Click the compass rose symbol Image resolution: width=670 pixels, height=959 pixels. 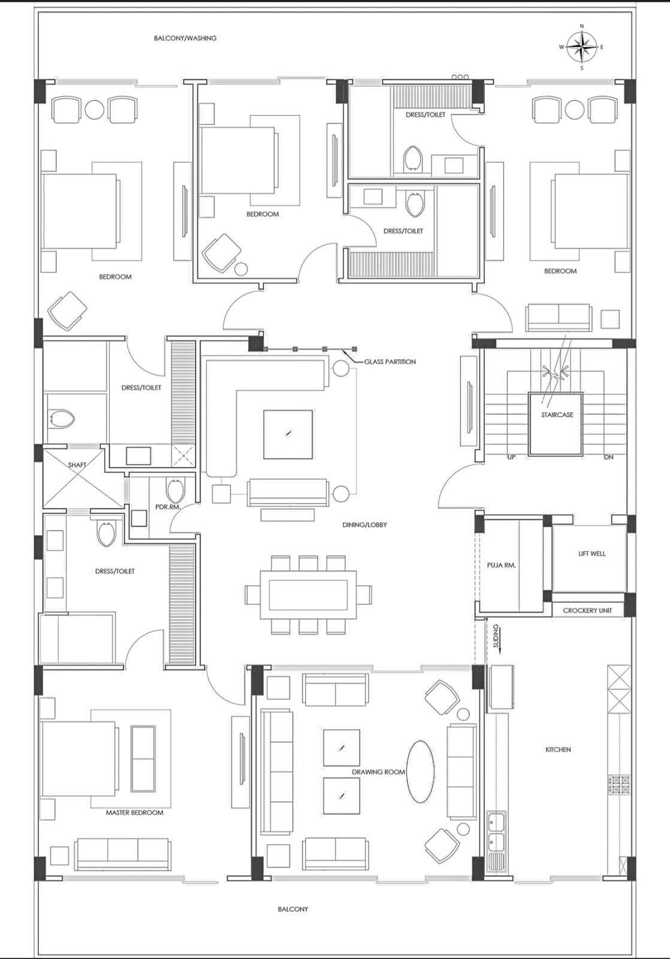click(581, 47)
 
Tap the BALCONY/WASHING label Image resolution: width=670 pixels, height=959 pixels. click(185, 38)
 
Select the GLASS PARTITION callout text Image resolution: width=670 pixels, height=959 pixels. click(390, 362)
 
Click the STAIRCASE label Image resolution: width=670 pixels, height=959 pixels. click(557, 415)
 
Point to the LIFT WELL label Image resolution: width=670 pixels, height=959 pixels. click(591, 554)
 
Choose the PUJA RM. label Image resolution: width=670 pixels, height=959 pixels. click(502, 565)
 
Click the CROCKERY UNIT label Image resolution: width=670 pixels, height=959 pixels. click(587, 611)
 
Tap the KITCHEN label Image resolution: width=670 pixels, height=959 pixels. click(558, 750)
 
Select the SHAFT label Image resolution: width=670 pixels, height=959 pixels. click(77, 465)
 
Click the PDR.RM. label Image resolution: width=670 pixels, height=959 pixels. click(168, 507)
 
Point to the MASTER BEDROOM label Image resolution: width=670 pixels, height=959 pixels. click(134, 813)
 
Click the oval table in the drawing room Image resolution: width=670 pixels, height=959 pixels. click(420, 771)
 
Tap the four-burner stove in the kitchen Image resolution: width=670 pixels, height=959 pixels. click(619, 785)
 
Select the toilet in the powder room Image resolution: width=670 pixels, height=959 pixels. click(175, 491)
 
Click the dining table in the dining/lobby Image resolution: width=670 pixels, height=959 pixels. click(308, 595)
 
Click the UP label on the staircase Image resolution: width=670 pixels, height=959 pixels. click(511, 457)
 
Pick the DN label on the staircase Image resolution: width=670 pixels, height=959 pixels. click(608, 457)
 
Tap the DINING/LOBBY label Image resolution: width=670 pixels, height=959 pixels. click(364, 525)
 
